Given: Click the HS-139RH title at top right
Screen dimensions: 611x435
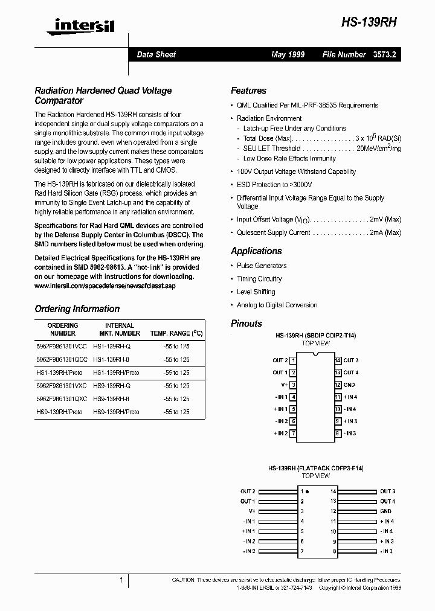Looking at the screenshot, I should (x=370, y=21).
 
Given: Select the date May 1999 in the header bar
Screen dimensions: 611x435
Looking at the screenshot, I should (x=288, y=54).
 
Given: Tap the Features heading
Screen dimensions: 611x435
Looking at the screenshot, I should (x=248, y=91).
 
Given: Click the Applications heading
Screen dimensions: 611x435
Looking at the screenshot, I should (x=256, y=251).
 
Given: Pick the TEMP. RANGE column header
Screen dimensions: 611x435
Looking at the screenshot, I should (x=176, y=333).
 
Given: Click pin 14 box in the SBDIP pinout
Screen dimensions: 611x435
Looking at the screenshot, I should (x=338, y=360).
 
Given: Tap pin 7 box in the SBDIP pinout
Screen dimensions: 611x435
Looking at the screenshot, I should (x=293, y=433).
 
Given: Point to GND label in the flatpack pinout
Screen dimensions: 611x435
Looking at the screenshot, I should (x=385, y=511).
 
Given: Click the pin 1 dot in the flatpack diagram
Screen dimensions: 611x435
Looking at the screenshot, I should (x=307, y=491).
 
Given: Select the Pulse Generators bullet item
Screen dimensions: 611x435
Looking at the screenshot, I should (x=262, y=266).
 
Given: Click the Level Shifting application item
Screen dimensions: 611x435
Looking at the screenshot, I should (x=256, y=292).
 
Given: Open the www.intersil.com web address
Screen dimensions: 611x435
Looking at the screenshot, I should (x=105, y=286).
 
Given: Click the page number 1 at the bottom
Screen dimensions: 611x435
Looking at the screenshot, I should (x=121, y=580).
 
